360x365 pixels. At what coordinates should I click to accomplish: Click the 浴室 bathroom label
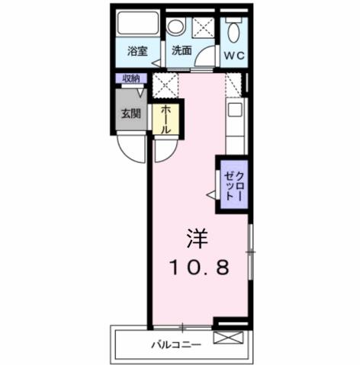137,53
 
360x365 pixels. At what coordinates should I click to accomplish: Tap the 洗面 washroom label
181,52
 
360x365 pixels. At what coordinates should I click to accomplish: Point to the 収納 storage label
130,78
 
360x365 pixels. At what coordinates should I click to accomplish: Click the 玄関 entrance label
130,114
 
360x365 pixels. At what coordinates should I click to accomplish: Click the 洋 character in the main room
195,239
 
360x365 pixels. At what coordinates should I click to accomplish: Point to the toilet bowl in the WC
233,30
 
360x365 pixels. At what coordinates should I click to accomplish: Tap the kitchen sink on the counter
235,111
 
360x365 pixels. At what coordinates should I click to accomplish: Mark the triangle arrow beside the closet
211,194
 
